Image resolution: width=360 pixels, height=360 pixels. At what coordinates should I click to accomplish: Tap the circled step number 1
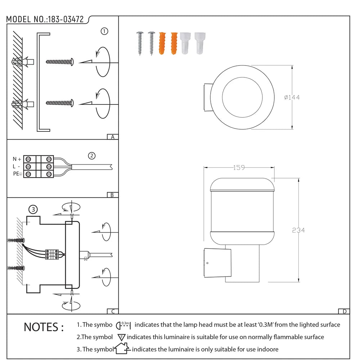104,31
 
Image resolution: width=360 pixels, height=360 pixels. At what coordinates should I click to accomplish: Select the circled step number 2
92,156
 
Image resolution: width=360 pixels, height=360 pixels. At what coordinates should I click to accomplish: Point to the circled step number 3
33,209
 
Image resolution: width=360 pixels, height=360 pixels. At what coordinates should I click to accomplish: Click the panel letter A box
113,137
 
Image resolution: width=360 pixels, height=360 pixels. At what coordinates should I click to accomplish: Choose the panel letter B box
113,195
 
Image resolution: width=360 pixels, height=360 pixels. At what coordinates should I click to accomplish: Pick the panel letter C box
113,311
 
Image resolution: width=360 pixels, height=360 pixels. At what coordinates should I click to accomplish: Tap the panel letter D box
344,311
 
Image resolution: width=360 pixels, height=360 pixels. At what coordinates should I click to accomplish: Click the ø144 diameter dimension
292,97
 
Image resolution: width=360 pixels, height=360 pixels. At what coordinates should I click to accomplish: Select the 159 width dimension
239,167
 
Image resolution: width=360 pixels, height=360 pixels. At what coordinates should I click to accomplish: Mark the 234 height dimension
298,230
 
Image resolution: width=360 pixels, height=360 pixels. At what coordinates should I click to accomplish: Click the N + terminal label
17,159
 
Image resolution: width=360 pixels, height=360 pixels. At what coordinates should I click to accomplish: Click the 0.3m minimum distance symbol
123,325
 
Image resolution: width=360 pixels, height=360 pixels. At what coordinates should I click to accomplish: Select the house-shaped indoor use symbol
122,348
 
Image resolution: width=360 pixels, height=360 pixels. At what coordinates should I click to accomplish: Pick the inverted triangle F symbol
121,337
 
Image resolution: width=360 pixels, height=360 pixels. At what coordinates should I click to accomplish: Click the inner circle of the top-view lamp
240,97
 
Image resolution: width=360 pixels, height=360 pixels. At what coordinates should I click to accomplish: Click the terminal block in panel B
39,166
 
